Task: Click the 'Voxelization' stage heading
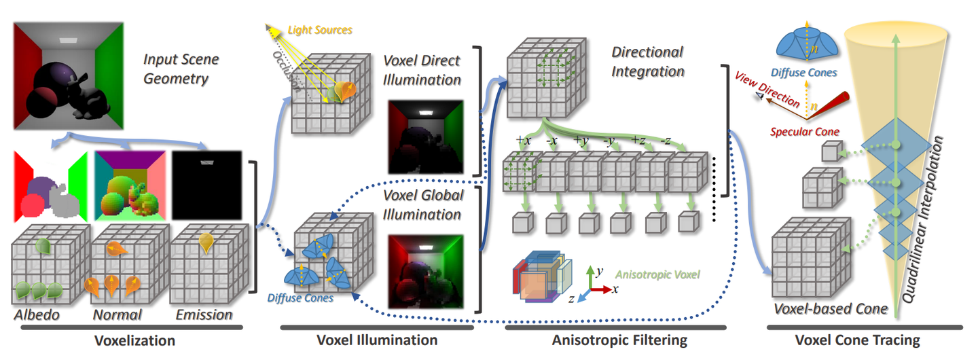(x=134, y=340)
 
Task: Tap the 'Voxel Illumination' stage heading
(x=377, y=340)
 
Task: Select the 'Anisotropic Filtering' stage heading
(x=619, y=340)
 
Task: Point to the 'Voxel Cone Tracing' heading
(x=858, y=340)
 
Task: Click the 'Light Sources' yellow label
(x=320, y=30)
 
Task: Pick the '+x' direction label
(x=523, y=140)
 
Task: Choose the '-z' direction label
(x=666, y=140)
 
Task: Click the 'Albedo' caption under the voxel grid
(x=37, y=314)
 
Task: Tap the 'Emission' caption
(x=204, y=314)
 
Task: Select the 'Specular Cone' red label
(x=804, y=132)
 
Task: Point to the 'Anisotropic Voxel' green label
(x=657, y=274)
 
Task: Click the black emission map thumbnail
(x=206, y=185)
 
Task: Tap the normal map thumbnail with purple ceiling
(x=130, y=185)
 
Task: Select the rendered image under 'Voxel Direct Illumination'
(x=426, y=137)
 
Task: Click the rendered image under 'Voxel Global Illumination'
(x=426, y=271)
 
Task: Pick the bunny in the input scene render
(x=88, y=97)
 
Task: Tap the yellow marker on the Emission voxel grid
(x=206, y=242)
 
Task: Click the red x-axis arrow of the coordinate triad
(x=602, y=289)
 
